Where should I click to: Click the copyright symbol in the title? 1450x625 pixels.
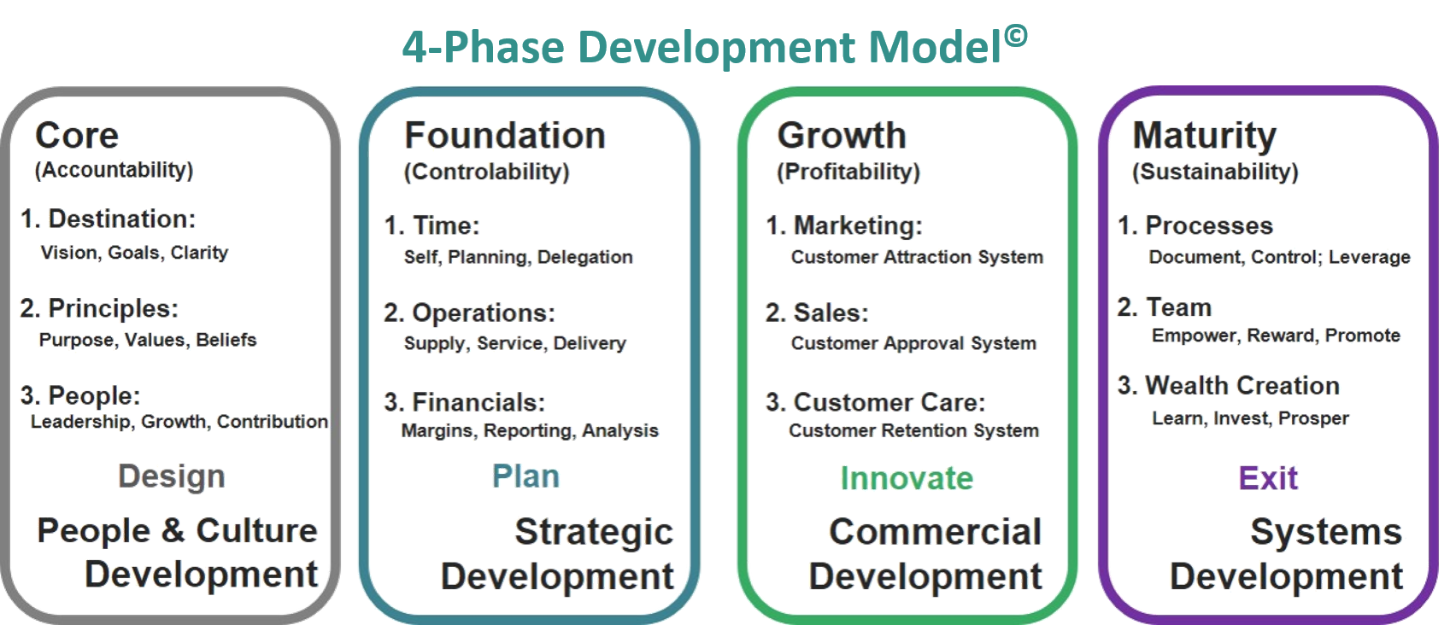click(x=1016, y=36)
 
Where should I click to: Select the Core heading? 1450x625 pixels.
click(x=77, y=136)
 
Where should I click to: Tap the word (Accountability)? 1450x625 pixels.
click(x=114, y=170)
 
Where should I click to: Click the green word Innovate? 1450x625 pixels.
click(x=907, y=479)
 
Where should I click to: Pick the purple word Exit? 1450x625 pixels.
click(x=1268, y=479)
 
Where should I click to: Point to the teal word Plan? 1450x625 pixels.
click(x=525, y=476)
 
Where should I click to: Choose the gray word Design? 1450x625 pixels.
click(x=172, y=476)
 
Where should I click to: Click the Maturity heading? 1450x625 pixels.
click(x=1205, y=137)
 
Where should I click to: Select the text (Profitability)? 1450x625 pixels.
click(x=848, y=172)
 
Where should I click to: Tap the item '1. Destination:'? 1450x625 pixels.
click(x=109, y=219)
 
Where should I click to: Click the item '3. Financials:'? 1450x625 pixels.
click(x=465, y=402)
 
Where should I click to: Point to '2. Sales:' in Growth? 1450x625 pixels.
click(x=817, y=313)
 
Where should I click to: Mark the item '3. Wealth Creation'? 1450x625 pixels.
click(x=1229, y=386)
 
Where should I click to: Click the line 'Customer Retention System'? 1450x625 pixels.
click(x=913, y=430)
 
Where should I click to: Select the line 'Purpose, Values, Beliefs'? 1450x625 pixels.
click(x=148, y=340)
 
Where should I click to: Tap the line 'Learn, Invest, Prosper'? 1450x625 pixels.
click(x=1251, y=418)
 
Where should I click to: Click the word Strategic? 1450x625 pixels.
click(x=594, y=533)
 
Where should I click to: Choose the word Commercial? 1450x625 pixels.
click(x=936, y=532)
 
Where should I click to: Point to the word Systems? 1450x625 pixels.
click(x=1326, y=533)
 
